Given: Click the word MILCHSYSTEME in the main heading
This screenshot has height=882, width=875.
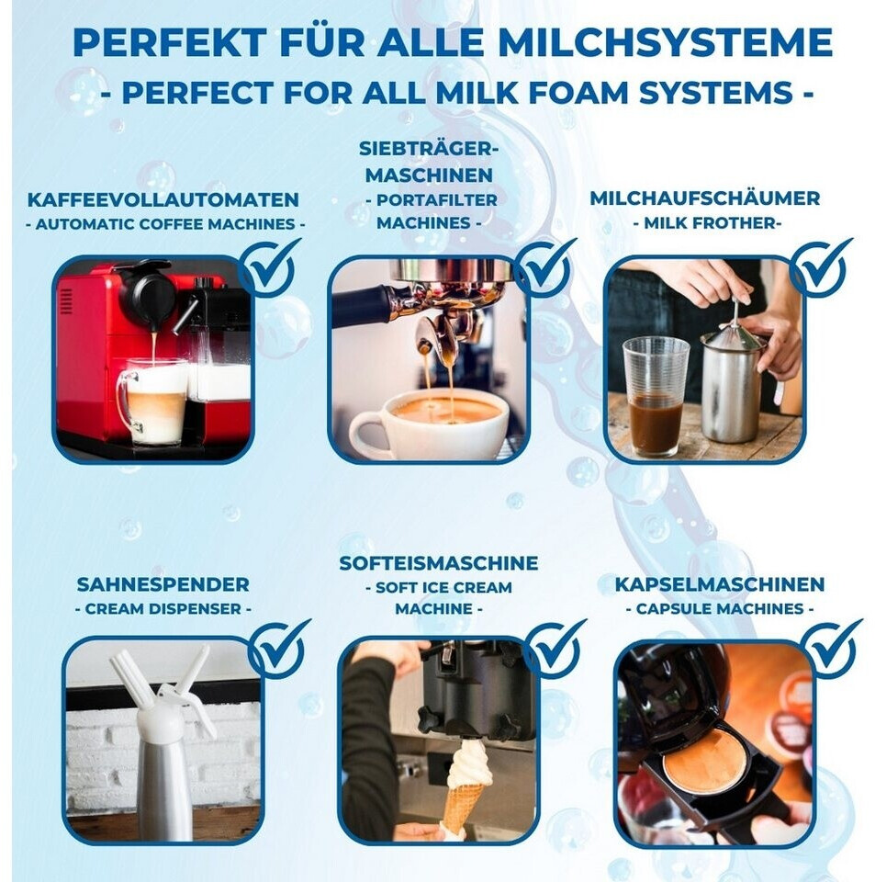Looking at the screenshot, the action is click(666, 42).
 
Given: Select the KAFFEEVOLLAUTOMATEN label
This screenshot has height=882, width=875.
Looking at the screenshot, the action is click(163, 199).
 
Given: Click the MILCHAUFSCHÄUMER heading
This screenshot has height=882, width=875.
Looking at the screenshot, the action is click(705, 198).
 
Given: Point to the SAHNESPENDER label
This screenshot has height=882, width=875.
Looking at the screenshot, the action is click(163, 584).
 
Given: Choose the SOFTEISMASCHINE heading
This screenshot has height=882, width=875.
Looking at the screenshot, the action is click(438, 563).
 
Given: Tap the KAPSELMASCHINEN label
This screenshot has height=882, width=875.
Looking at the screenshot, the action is click(719, 584).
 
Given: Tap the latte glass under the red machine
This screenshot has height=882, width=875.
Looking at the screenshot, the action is click(152, 401).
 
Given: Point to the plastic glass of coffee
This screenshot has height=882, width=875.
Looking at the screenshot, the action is click(656, 395).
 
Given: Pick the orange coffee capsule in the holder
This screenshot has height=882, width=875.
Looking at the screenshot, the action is click(704, 761).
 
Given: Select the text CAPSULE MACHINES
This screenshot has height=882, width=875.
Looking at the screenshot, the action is click(719, 608).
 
